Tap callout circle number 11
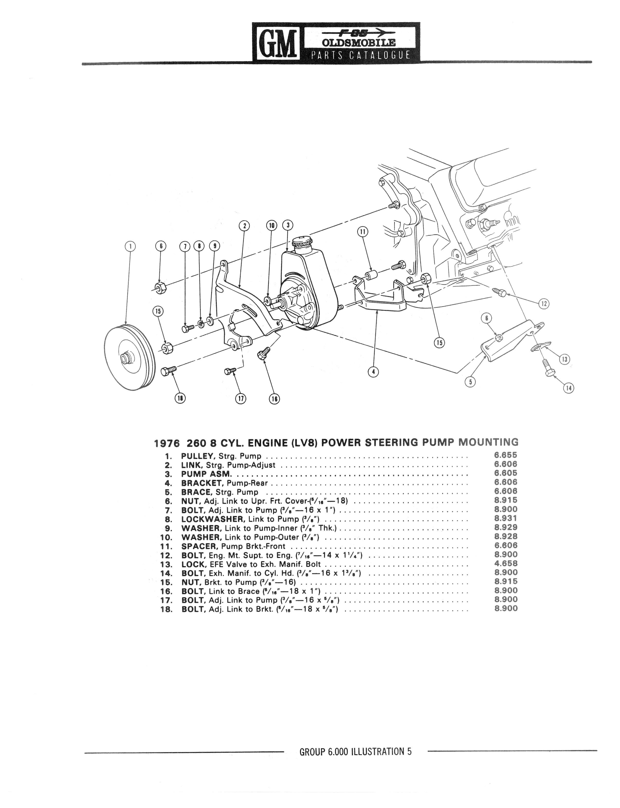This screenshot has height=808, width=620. point(363,232)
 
